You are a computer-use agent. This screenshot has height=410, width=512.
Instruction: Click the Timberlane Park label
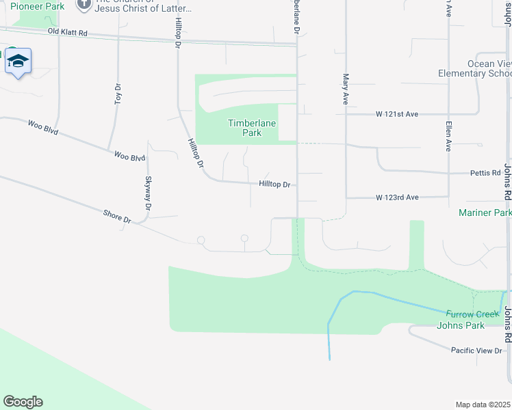tap(245, 128)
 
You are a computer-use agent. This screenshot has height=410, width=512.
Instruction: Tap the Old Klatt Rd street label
tap(68, 32)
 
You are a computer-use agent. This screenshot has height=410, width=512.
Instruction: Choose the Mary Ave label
tap(346, 89)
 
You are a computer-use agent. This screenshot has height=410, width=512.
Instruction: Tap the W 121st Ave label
tap(396, 114)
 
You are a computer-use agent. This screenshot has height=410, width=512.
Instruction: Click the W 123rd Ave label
tap(396, 197)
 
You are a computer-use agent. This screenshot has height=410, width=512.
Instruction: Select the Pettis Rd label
tap(485, 173)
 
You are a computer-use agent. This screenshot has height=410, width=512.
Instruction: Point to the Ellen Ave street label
tap(448, 136)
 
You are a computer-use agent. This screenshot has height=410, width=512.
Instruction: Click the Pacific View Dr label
tap(476, 350)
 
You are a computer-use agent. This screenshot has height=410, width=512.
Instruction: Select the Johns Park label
tap(461, 325)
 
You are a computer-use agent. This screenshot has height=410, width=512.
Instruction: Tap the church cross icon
tap(84, 5)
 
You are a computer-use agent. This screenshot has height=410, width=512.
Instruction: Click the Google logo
tap(23, 402)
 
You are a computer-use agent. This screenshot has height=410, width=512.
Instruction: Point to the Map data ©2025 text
tap(483, 405)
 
